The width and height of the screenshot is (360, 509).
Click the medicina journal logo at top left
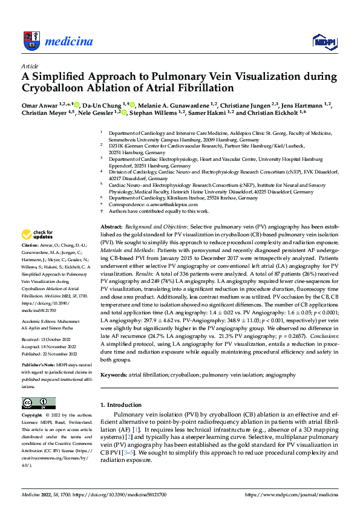coord(57,41)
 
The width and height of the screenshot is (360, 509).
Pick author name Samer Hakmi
coord(213,112)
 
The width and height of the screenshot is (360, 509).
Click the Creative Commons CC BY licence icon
coord(39,403)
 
